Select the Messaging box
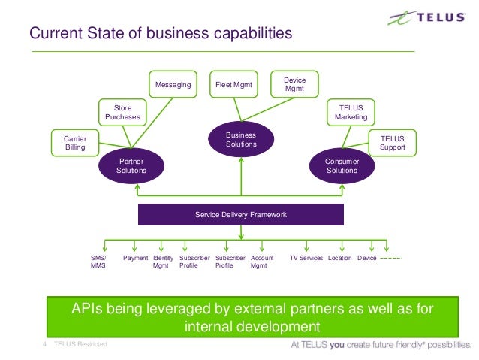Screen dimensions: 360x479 (173, 86)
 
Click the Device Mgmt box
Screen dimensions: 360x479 (294, 85)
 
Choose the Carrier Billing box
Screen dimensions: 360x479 (74, 143)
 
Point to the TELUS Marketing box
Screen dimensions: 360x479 (351, 113)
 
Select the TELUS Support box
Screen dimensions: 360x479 (392, 143)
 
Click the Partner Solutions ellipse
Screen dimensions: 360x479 (131, 165)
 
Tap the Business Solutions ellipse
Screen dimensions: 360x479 (241, 139)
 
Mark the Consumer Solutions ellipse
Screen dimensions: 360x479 (342, 165)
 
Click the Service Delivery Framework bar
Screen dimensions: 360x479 (241, 215)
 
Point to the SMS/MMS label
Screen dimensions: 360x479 (98, 262)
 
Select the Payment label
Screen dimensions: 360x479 (136, 258)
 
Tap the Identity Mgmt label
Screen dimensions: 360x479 (163, 262)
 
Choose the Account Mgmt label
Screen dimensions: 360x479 (262, 262)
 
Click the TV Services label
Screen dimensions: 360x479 (306, 258)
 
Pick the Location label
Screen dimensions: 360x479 (340, 258)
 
